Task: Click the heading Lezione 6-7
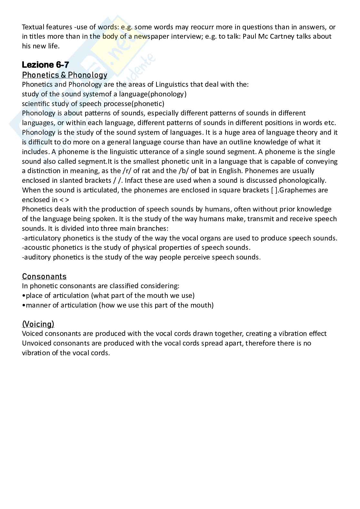(x=45, y=65)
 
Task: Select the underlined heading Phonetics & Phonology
(x=65, y=75)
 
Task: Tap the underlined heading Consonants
(x=44, y=277)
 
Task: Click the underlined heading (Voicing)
(x=38, y=324)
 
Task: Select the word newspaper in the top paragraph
(x=152, y=36)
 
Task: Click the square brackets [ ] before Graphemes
(x=274, y=190)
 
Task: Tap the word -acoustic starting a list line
(x=36, y=248)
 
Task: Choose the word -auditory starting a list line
(x=36, y=257)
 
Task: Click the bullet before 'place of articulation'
(x=24, y=296)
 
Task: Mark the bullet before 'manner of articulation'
(x=24, y=305)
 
